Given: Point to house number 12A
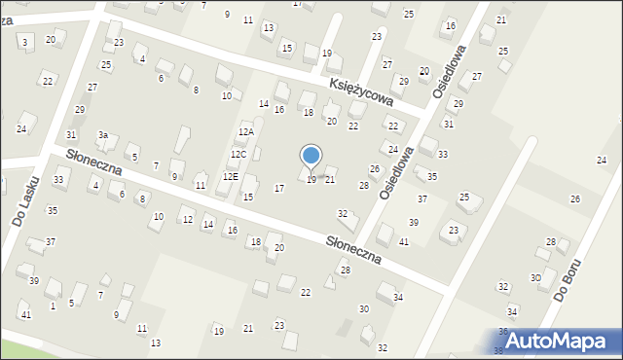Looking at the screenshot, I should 245,132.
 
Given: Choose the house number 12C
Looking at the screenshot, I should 238,155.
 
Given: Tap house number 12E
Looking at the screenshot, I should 230,177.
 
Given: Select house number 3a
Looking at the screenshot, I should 101,135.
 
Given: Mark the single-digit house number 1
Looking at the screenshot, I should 53,306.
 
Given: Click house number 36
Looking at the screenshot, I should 503,332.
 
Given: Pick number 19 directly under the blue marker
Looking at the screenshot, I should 311,180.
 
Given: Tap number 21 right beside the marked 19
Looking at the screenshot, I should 330,180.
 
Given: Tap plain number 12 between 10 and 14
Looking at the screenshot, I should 187,220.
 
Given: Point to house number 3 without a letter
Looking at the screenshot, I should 24,41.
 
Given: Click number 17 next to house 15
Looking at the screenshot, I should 279,188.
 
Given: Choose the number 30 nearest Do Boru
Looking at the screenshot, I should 535,278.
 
